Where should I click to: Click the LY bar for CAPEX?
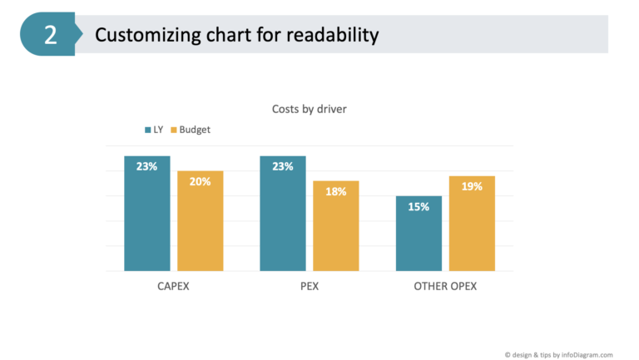tap(147, 220)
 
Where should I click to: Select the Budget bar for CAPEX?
tap(200, 229)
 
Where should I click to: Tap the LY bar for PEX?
tap(282, 220)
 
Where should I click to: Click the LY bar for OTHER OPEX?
tap(419, 241)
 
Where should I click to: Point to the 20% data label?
tap(200, 181)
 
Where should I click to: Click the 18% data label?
tap(335, 191)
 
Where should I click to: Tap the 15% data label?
tap(419, 206)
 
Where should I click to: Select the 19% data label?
tap(472, 186)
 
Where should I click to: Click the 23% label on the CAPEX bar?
tap(147, 166)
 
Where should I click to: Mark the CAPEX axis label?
tap(173, 287)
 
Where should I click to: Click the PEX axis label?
tap(309, 287)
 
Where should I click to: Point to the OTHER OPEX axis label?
tap(445, 287)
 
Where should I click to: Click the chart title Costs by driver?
tap(309, 109)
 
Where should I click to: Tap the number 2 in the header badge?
tap(51, 35)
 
